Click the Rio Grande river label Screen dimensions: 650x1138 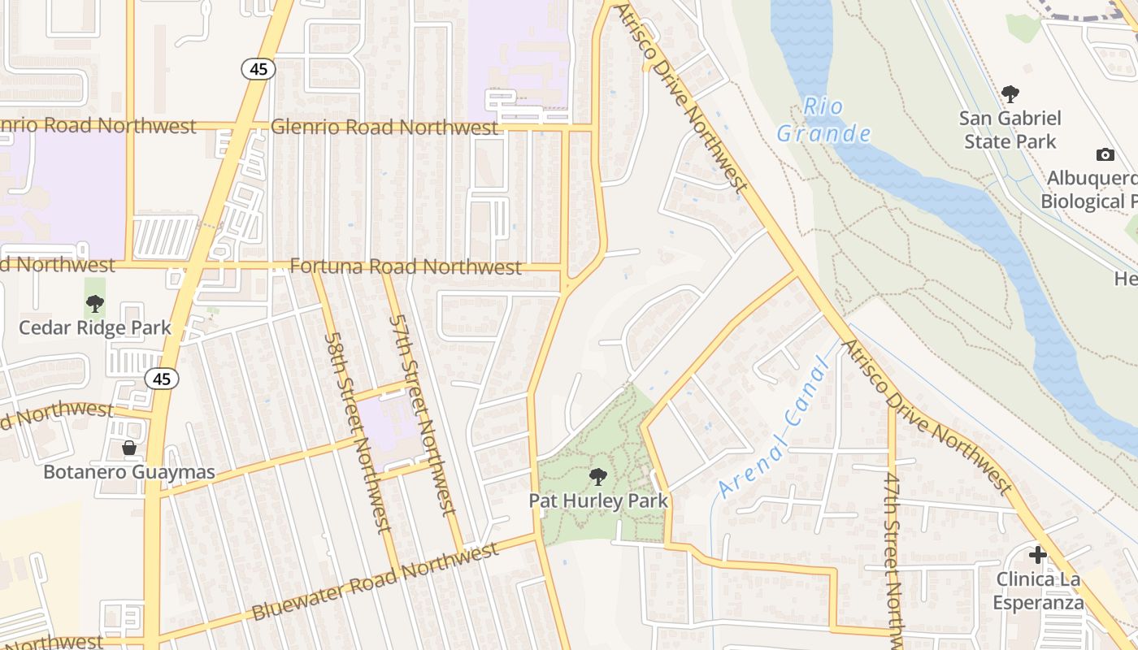(823, 119)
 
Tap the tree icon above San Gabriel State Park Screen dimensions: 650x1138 (1010, 94)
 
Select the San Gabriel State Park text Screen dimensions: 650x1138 (1010, 130)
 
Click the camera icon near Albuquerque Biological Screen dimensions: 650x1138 (1105, 154)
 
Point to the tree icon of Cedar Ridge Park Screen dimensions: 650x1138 (95, 305)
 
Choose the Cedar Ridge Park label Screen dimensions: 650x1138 (95, 327)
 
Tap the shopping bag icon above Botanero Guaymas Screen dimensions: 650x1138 (128, 448)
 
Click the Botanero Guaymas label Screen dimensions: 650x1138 (128, 472)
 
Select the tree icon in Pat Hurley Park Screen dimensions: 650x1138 (598, 476)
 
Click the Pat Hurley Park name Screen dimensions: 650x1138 (598, 500)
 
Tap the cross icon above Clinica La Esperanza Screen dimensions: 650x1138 (1037, 555)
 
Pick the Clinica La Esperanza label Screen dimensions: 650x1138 (1037, 591)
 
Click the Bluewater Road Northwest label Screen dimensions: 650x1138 (375, 582)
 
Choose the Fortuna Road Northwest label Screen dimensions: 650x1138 (406, 266)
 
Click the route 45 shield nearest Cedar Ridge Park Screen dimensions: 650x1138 (162, 378)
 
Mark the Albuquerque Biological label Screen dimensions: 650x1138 (1091, 189)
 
